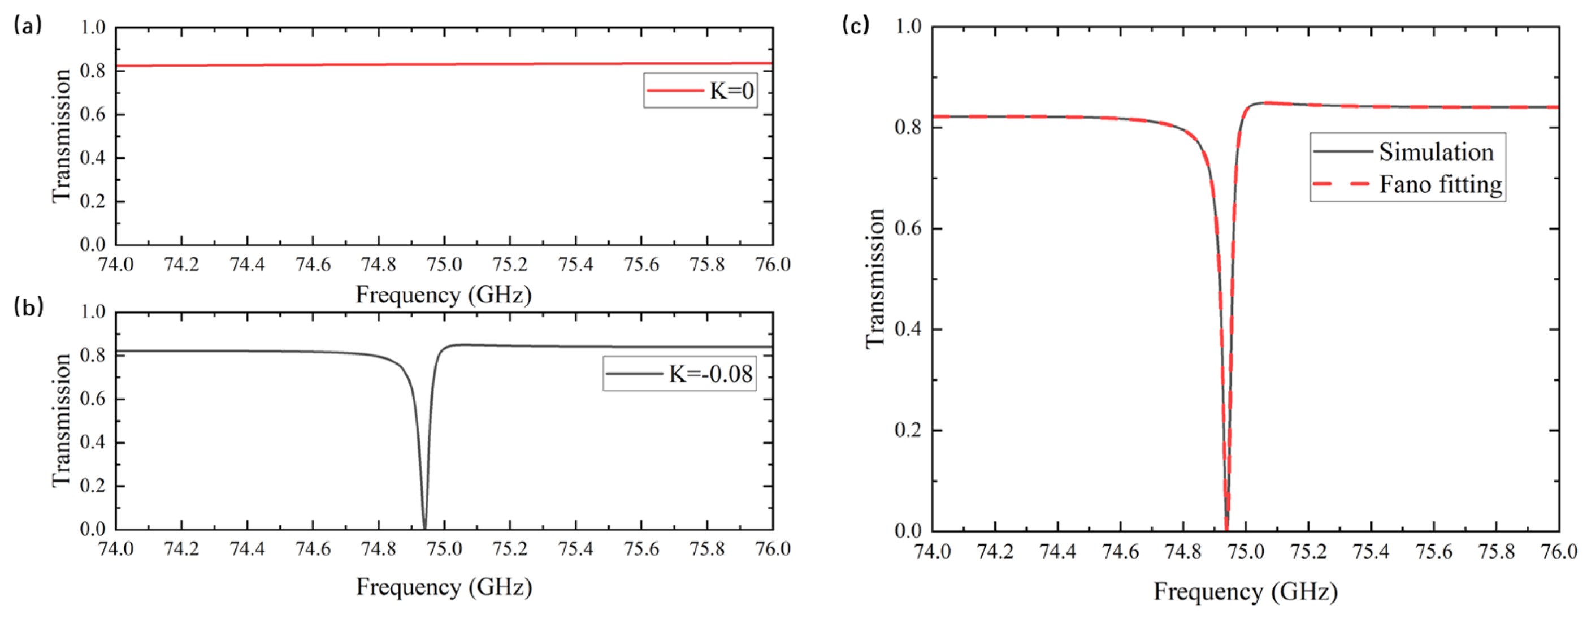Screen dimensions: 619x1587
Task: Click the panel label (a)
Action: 27,26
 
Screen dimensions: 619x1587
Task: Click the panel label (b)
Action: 28,307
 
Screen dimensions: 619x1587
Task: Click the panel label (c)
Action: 856,25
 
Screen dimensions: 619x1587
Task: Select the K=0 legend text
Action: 732,91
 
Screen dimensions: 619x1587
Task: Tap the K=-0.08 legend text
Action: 711,374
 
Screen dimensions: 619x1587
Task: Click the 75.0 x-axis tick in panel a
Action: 444,265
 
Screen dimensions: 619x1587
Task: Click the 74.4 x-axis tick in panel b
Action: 247,549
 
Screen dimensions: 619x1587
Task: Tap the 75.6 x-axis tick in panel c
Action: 1434,552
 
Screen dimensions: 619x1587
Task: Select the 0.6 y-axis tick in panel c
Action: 908,228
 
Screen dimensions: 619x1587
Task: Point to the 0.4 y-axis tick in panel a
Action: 93,158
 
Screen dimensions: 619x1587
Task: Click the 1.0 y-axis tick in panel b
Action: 93,312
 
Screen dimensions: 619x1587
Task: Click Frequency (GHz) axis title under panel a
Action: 444,295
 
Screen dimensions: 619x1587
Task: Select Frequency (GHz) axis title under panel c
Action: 1245,591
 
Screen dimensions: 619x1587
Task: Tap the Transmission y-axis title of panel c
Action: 875,278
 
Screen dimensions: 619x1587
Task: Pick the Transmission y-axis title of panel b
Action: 62,421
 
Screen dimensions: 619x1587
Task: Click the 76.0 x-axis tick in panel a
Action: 772,265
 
